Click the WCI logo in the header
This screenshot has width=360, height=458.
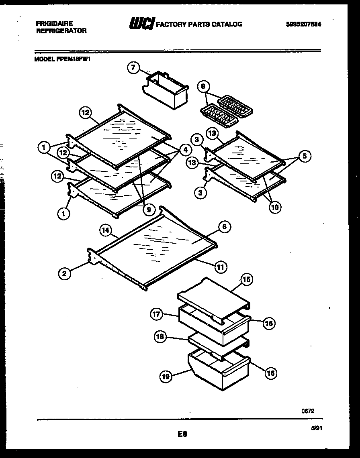coord(141,24)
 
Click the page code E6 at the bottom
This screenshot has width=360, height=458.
coord(182,434)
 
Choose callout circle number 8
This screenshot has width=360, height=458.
coord(204,86)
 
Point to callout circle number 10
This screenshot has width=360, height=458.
coord(275,207)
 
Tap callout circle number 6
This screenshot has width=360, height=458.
coord(224,227)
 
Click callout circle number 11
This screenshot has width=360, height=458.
coord(221,267)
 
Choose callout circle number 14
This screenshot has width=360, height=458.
coord(105,230)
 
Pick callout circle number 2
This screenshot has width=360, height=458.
coord(63,274)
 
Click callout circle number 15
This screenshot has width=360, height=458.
coord(247,280)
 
